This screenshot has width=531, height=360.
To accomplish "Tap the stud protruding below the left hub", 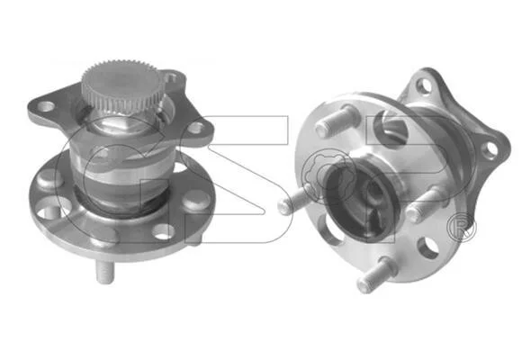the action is click(x=105, y=272).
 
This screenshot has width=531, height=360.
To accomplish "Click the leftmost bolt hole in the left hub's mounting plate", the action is click(x=46, y=106).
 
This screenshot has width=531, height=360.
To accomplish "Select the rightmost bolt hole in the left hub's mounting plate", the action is click(x=195, y=128).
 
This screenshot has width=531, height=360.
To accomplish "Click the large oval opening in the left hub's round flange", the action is click(x=50, y=208).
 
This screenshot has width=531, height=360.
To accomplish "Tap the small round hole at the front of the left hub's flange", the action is click(x=164, y=231).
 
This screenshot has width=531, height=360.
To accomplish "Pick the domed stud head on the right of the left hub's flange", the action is click(x=195, y=200).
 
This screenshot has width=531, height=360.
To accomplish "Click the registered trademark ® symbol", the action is click(x=461, y=228).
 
